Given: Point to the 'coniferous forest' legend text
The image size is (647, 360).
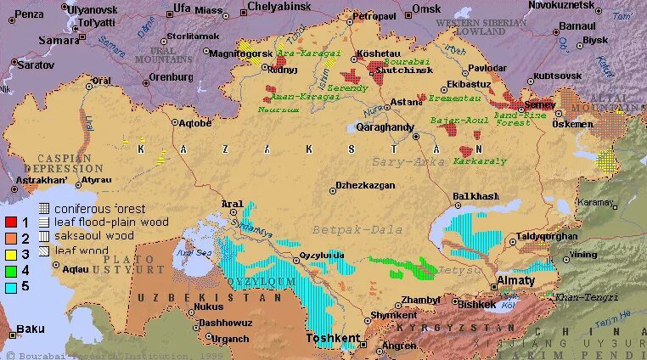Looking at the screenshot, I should tap(100, 209).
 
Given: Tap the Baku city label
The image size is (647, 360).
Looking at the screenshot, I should tap(31, 329).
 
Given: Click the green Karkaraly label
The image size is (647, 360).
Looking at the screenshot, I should tap(480, 160).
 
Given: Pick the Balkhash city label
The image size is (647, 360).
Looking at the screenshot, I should tap(475, 196).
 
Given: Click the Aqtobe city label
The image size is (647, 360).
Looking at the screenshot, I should tap(195, 123).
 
